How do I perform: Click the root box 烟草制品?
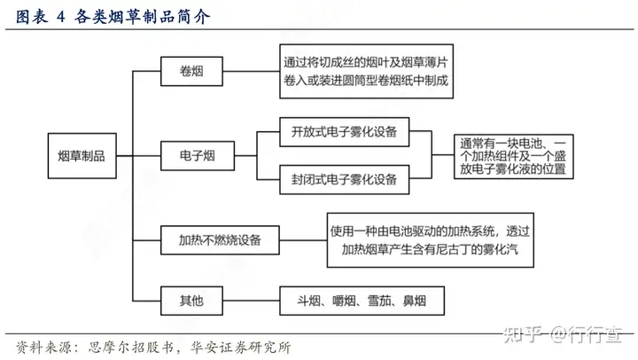[82, 155]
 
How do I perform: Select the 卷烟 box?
[191, 71]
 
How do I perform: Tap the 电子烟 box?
[198, 155]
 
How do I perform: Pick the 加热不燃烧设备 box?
[220, 240]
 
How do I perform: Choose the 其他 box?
[191, 301]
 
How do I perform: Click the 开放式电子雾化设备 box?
[344, 132]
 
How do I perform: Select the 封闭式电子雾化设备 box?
[344, 180]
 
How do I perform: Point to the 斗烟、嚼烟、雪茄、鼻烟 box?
[362, 301]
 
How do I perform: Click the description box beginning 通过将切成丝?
[366, 71]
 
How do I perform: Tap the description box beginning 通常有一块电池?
[513, 156]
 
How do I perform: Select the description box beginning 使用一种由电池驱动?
[430, 240]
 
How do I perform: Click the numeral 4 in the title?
[60, 17]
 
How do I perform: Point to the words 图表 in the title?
[31, 17]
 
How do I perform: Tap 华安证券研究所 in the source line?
[241, 348]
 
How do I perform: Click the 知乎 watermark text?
[523, 335]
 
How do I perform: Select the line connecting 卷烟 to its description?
[251, 71]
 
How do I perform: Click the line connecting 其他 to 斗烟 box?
[251, 301]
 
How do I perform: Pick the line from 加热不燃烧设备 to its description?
[303, 240]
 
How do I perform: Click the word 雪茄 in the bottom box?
[379, 301]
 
